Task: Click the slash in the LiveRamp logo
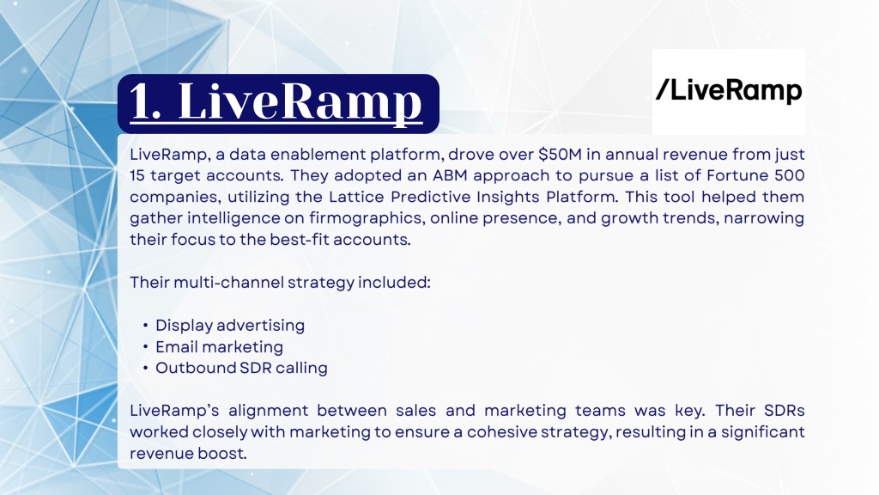[x=663, y=89]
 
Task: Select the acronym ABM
[x=450, y=175]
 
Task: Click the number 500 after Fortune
[x=790, y=175]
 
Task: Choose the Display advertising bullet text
[x=230, y=326]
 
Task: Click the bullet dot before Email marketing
[x=145, y=347]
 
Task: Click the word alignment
[x=268, y=411]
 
